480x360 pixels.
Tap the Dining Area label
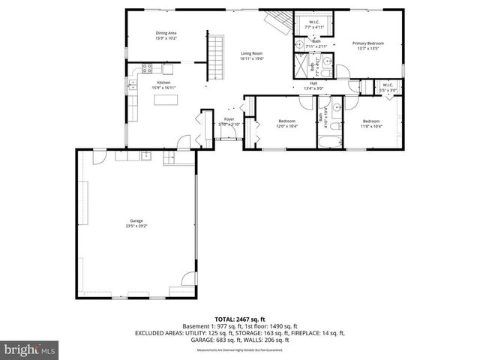pos(166,35)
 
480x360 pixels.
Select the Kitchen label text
pos(163,85)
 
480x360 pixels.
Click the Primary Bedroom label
pos(368,45)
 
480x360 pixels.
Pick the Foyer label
pos(229,121)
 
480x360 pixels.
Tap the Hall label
pos(313,85)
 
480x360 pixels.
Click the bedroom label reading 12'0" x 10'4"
pos(287,123)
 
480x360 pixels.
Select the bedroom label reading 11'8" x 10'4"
pos(371,123)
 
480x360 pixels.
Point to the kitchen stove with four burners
pos(148,69)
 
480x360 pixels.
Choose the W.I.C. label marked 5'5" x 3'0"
pos(388,87)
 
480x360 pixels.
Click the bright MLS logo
pos(30,349)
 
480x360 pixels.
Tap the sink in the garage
pos(146,156)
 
